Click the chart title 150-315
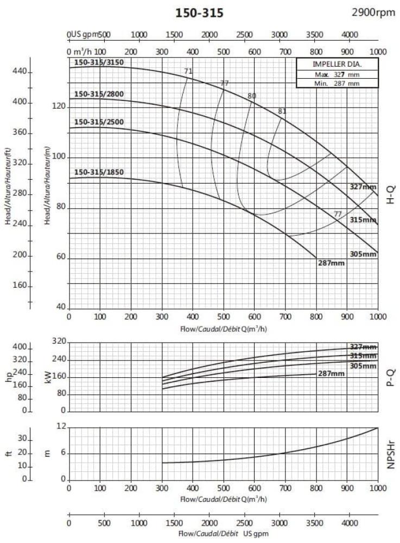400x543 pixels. tap(199, 12)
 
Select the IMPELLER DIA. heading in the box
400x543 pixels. tap(330, 64)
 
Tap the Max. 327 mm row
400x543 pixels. tap(330, 74)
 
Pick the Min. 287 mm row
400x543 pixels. tap(330, 83)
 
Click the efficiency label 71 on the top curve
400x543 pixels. tap(188, 71)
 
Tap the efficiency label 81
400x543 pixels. tap(282, 111)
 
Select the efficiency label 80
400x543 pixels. tap(251, 96)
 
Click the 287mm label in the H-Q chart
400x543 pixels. tap(331, 263)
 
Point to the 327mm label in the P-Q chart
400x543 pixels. tap(363, 347)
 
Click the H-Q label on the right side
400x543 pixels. tap(390, 194)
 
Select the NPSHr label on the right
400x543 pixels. tap(390, 453)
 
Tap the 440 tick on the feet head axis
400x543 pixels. tap(20, 72)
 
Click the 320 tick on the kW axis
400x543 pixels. tap(58, 342)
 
